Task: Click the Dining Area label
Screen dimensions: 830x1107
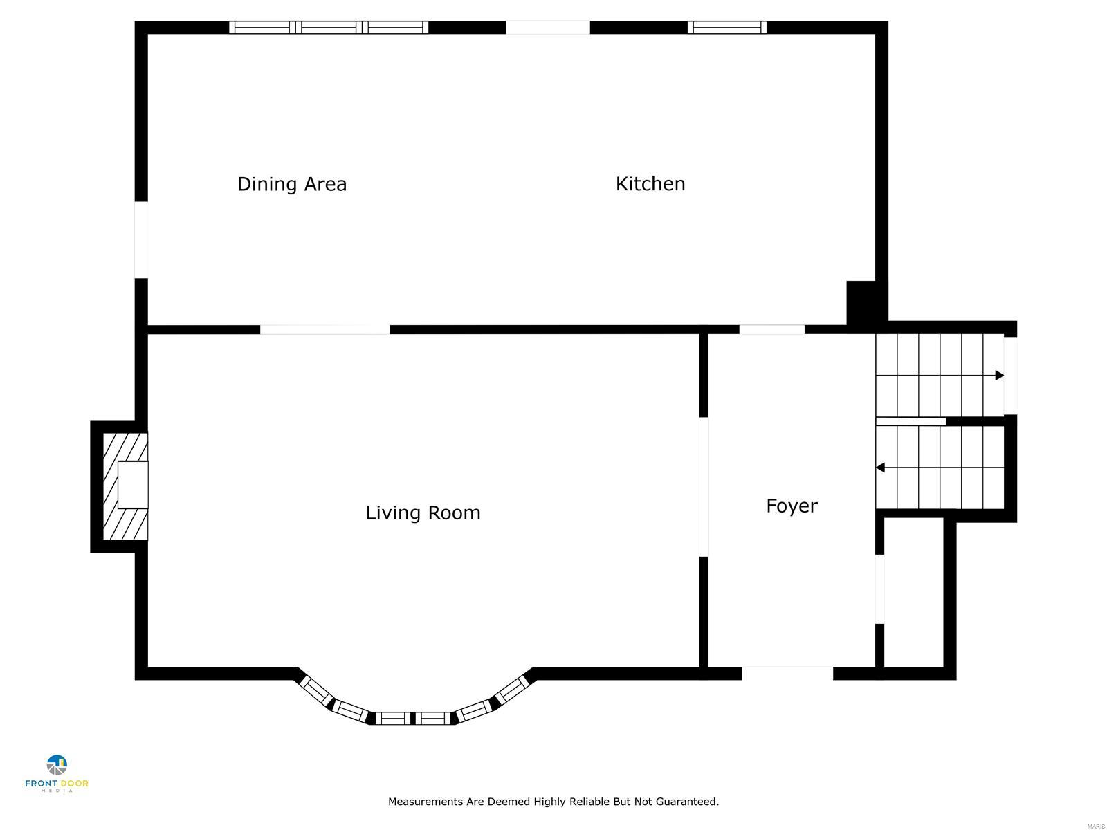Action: [291, 184]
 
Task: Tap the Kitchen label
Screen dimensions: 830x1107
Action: [650, 184]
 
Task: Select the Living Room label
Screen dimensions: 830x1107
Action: [423, 513]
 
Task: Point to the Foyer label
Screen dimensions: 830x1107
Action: [792, 506]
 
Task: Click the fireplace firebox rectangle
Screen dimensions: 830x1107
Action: [133, 485]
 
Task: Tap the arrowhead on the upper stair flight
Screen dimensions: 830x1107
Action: [999, 376]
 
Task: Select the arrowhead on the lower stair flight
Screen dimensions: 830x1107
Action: [881, 468]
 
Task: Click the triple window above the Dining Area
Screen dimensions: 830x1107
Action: [329, 28]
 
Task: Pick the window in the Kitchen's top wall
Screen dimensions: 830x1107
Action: [727, 28]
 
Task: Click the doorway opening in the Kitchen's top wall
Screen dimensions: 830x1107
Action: [548, 28]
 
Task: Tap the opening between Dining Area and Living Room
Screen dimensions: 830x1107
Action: [324, 330]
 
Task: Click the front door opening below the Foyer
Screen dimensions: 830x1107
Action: [787, 673]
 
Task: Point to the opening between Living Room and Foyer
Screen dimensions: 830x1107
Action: [704, 487]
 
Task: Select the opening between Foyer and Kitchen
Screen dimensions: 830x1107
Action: [771, 330]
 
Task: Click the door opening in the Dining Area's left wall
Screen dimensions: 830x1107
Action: [141, 239]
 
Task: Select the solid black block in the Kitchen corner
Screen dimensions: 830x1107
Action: [861, 302]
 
